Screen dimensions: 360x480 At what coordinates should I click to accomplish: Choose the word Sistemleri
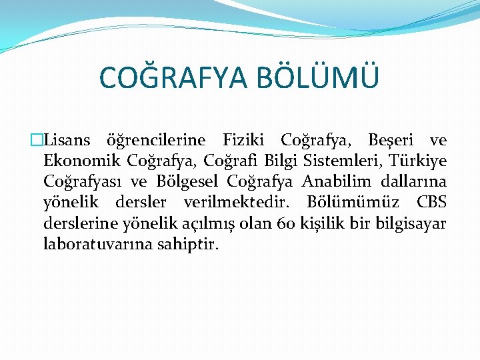point(340,161)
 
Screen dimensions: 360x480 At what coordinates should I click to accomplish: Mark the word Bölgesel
point(191,182)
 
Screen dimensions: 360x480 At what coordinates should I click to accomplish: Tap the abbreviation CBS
point(431,202)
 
